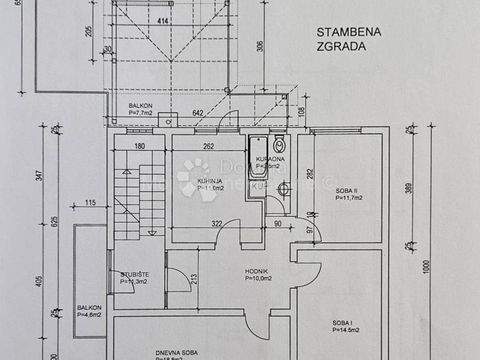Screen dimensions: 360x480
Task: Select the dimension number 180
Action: click(x=139, y=146)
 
